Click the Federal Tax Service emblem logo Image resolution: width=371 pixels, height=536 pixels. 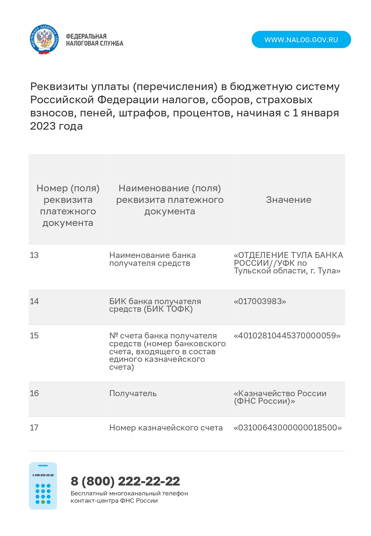[x=44, y=40]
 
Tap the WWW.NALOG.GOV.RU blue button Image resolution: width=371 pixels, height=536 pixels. [x=301, y=40]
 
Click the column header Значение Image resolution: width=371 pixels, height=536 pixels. [x=289, y=200]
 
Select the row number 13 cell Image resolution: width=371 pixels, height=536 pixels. [x=34, y=255]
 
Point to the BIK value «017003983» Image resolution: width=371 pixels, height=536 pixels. [x=260, y=301]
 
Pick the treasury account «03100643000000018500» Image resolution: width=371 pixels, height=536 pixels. [x=288, y=427]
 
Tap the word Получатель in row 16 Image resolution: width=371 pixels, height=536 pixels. [x=133, y=393]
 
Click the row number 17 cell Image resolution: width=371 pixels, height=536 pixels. [x=34, y=427]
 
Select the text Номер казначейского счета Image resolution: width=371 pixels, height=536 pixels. [x=166, y=427]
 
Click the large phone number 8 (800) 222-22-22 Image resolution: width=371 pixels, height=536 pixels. [x=125, y=481]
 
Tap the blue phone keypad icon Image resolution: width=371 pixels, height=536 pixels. [x=43, y=486]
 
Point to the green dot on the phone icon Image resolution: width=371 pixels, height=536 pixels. [x=43, y=502]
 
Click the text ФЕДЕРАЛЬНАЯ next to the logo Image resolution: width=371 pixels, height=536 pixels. [x=86, y=36]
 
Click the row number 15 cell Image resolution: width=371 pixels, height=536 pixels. [x=34, y=335]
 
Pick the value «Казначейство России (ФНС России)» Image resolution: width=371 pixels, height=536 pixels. [x=280, y=397]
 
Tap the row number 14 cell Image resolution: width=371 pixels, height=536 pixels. [x=34, y=301]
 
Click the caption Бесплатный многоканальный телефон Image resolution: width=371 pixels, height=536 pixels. [x=129, y=493]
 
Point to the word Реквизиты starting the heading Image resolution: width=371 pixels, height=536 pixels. [x=58, y=86]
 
